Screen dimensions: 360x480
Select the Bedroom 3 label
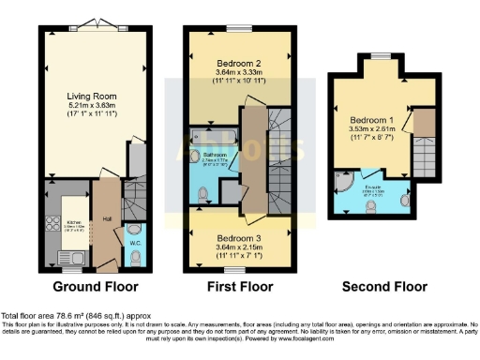pos(225,239)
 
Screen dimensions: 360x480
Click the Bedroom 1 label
pos(372,121)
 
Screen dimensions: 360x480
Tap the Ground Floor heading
pos(95,286)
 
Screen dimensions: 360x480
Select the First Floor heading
pos(239,286)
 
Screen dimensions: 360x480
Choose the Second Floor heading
pos(381,286)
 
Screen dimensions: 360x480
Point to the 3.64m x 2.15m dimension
pos(225,248)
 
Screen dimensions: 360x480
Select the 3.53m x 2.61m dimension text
pos(372,131)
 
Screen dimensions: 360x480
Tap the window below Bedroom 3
pos(226,270)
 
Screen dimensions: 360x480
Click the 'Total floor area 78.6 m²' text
pos(75,316)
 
